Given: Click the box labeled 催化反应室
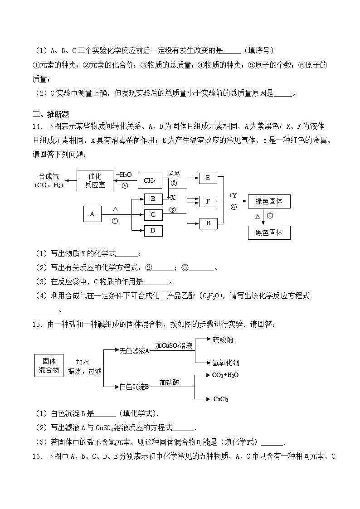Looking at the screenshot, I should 95,180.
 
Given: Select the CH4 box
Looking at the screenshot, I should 150,180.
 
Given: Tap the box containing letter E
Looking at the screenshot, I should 208,178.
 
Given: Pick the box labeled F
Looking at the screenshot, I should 208,201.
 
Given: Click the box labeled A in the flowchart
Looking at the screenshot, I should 92,214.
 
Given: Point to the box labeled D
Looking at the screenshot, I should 153,231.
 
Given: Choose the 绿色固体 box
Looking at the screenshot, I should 269,201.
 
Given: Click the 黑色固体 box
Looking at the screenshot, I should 269,233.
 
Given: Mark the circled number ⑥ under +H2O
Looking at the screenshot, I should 125,185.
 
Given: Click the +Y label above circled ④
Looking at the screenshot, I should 233,195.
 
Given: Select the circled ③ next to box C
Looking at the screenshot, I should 172,209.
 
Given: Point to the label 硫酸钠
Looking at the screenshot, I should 223,339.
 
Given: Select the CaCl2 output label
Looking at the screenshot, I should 220,399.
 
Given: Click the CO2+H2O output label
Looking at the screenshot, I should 225,375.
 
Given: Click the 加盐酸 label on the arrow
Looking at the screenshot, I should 169,382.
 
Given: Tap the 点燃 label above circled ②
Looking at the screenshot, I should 175,173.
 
